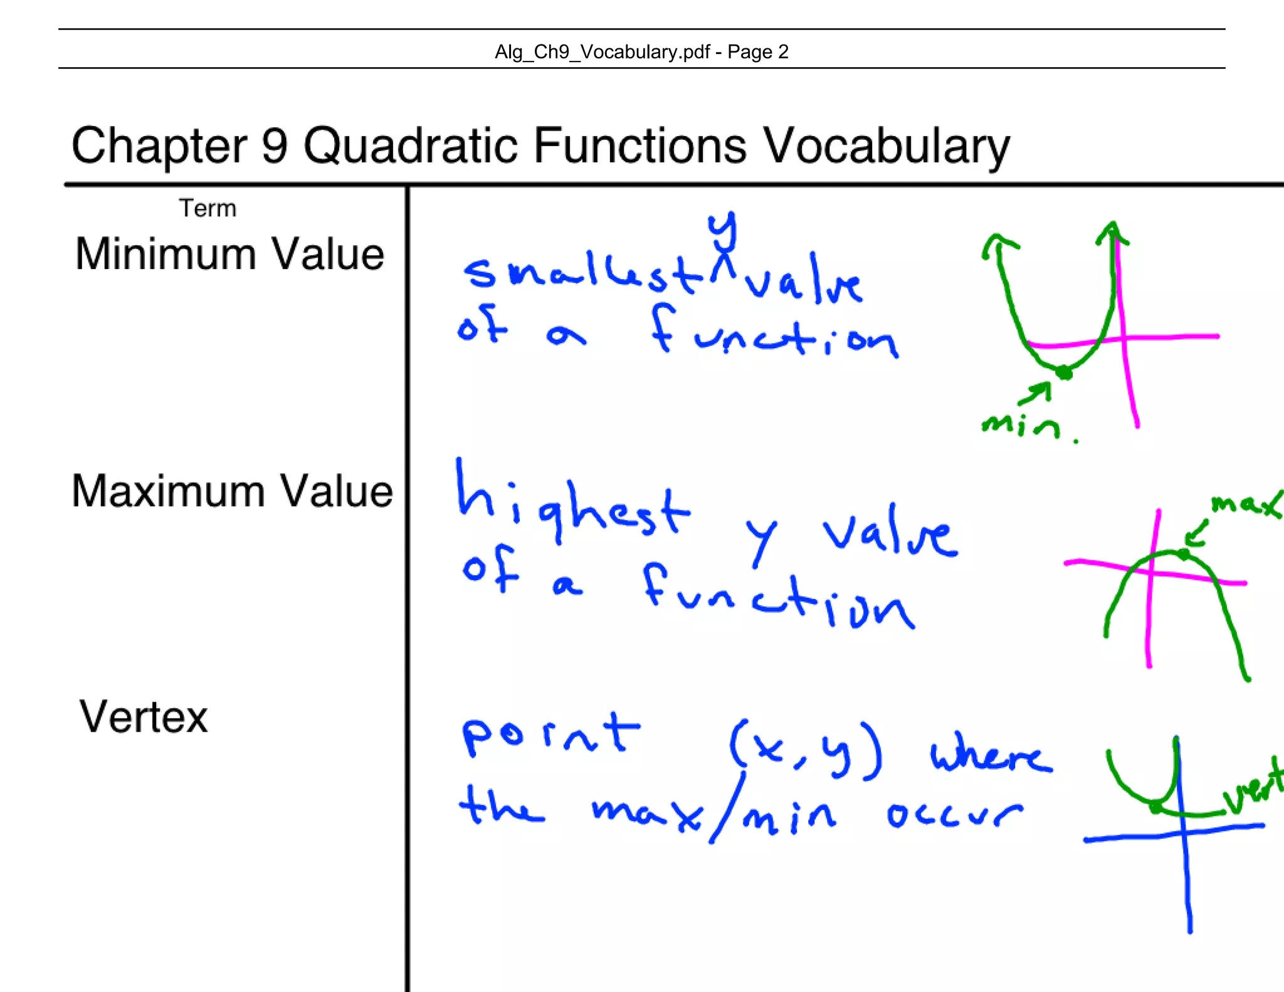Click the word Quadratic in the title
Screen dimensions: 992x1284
click(x=410, y=146)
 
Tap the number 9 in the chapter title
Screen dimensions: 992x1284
click(x=274, y=146)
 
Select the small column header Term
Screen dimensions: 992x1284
click(x=208, y=208)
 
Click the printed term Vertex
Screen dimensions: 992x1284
click(x=143, y=717)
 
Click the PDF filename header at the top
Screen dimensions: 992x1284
click(x=641, y=51)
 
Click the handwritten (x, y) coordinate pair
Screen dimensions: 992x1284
click(x=806, y=750)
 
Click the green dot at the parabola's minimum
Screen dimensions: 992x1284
click(x=1063, y=373)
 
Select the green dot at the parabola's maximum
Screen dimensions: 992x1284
click(x=1183, y=554)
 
